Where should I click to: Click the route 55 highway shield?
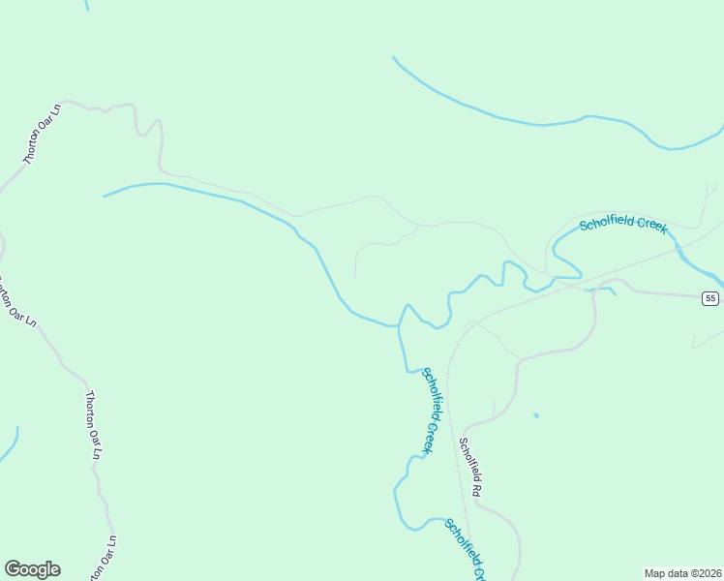point(711,298)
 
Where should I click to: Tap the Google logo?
point(32,569)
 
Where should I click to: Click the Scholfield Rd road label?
point(469,469)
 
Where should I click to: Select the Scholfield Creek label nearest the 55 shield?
point(623,225)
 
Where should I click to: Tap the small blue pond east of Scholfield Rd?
point(535,416)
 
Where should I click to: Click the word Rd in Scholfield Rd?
point(476,490)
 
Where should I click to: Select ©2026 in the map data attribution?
point(706,572)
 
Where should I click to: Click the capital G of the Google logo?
point(13,569)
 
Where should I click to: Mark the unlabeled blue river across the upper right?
point(542,123)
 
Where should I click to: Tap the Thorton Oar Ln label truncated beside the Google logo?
point(105,559)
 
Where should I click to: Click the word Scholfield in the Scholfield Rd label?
point(468,460)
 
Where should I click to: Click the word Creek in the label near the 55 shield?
point(652,226)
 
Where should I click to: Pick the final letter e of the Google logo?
point(54,570)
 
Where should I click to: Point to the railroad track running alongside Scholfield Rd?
point(451,407)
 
